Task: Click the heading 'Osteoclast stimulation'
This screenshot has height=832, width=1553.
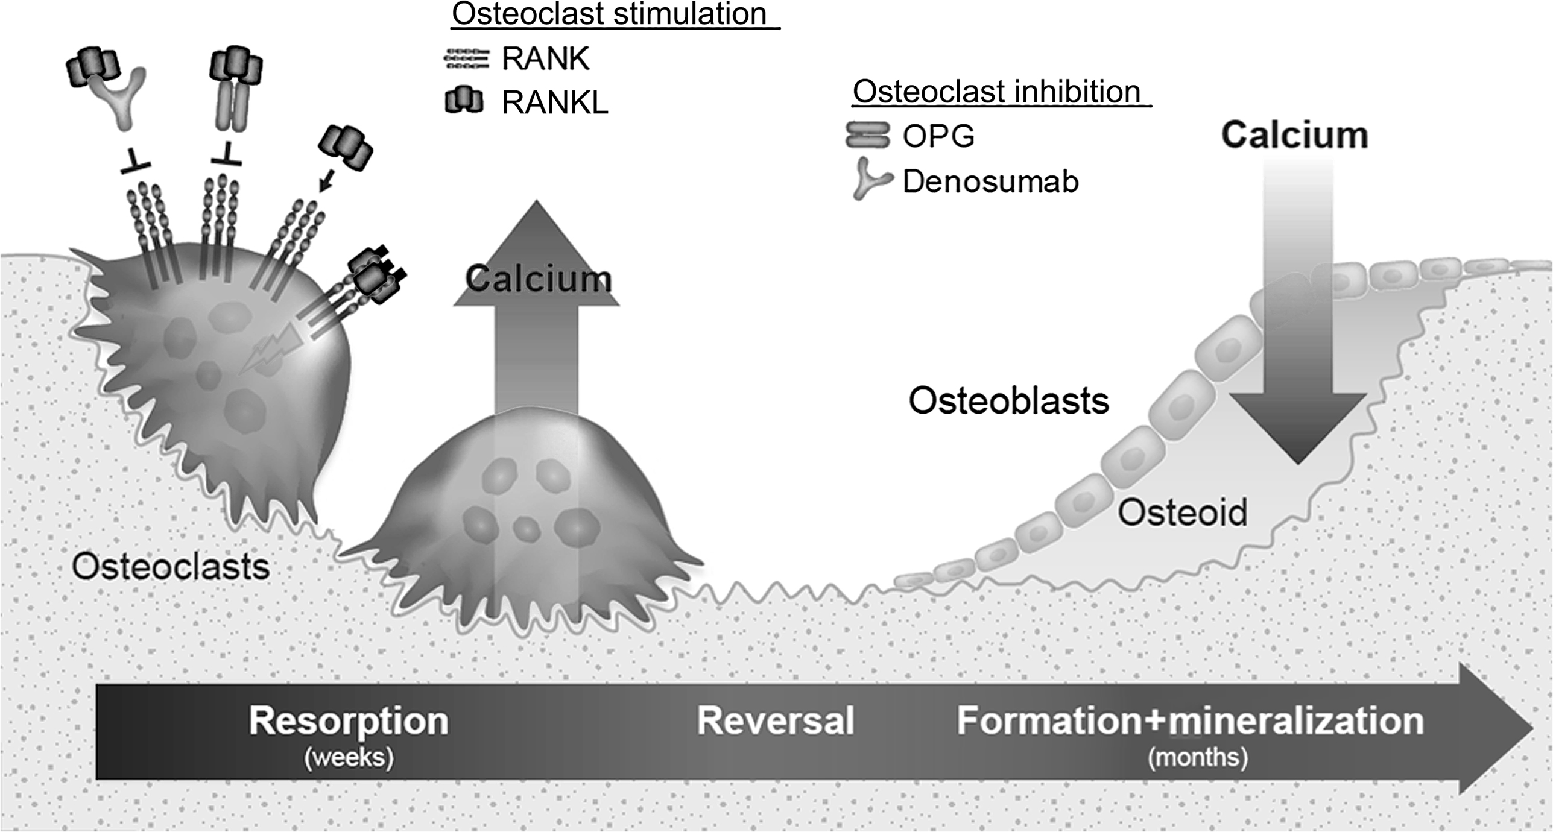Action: [609, 14]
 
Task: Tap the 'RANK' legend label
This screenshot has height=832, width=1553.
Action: [545, 59]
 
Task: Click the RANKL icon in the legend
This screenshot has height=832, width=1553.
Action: [464, 101]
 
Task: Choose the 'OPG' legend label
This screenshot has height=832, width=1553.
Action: [938, 136]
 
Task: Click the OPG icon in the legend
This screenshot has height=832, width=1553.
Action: [867, 136]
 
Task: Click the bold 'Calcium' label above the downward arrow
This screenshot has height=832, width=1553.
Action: [1294, 135]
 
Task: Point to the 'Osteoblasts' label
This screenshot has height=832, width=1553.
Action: [1008, 401]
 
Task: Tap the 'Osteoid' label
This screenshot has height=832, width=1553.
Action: [1182, 512]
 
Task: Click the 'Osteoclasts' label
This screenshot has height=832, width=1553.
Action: [171, 567]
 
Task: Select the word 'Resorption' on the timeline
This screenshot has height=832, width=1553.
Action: [349, 720]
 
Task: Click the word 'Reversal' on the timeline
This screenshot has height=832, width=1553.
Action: [775, 720]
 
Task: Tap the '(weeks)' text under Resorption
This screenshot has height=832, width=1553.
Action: [349, 757]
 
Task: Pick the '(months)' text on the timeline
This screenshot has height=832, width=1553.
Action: [1197, 757]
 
